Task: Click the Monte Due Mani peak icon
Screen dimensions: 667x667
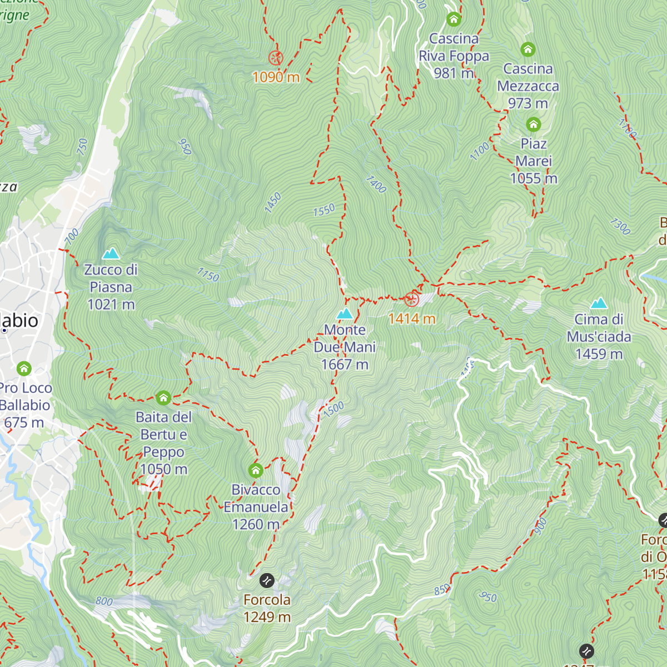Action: pos(345,313)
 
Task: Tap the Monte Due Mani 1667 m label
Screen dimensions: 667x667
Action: pos(345,347)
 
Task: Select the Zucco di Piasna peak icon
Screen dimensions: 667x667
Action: pos(111,253)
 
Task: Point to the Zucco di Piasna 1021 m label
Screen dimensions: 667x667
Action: pos(111,287)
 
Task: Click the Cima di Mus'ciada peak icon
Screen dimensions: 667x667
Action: pos(599,303)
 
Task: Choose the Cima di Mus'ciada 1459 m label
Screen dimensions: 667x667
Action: pos(599,336)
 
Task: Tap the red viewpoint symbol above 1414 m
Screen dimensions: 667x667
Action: pos(411,300)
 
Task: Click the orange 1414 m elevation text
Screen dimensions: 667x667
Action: pos(411,318)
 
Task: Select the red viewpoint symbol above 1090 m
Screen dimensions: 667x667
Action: pos(276,58)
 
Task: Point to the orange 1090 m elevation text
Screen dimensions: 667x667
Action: pos(276,77)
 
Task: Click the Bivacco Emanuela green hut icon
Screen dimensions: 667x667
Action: pos(256,471)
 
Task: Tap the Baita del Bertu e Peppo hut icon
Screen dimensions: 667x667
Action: pos(163,398)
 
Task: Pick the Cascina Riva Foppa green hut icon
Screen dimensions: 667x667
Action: pos(454,19)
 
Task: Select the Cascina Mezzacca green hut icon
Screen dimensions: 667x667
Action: pos(528,49)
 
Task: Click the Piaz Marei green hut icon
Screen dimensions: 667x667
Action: pos(534,124)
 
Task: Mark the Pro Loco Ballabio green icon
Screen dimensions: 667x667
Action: pos(24,369)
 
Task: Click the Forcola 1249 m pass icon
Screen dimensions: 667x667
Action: pos(267,581)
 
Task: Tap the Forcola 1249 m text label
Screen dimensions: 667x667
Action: pos(267,608)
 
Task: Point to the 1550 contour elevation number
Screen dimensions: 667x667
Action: pos(324,210)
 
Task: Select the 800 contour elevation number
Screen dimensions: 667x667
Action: pos(104,601)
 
